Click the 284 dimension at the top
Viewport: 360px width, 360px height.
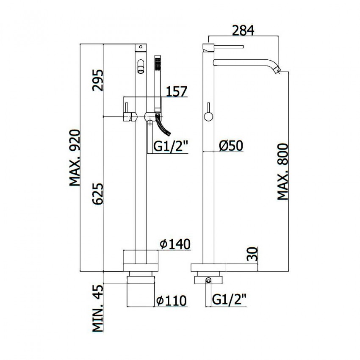[243, 31]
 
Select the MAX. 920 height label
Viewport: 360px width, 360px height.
[75, 158]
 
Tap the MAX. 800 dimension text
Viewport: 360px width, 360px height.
[282, 172]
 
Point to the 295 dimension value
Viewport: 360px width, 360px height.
[98, 80]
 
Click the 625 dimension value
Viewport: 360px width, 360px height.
[98, 194]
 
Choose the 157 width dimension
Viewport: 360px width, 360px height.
[176, 91]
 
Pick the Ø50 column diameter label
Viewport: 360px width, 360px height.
[231, 146]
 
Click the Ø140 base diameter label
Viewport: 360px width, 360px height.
[175, 244]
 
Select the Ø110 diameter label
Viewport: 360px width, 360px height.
[171, 301]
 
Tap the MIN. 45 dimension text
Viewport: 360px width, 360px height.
[98, 308]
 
